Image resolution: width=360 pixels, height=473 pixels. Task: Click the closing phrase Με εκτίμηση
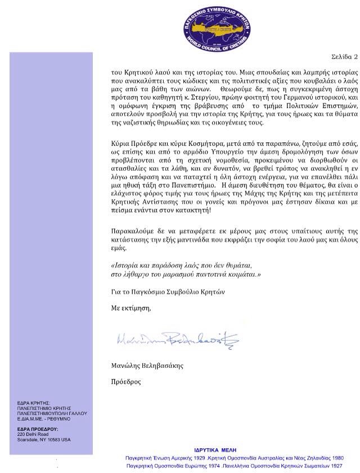131,307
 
